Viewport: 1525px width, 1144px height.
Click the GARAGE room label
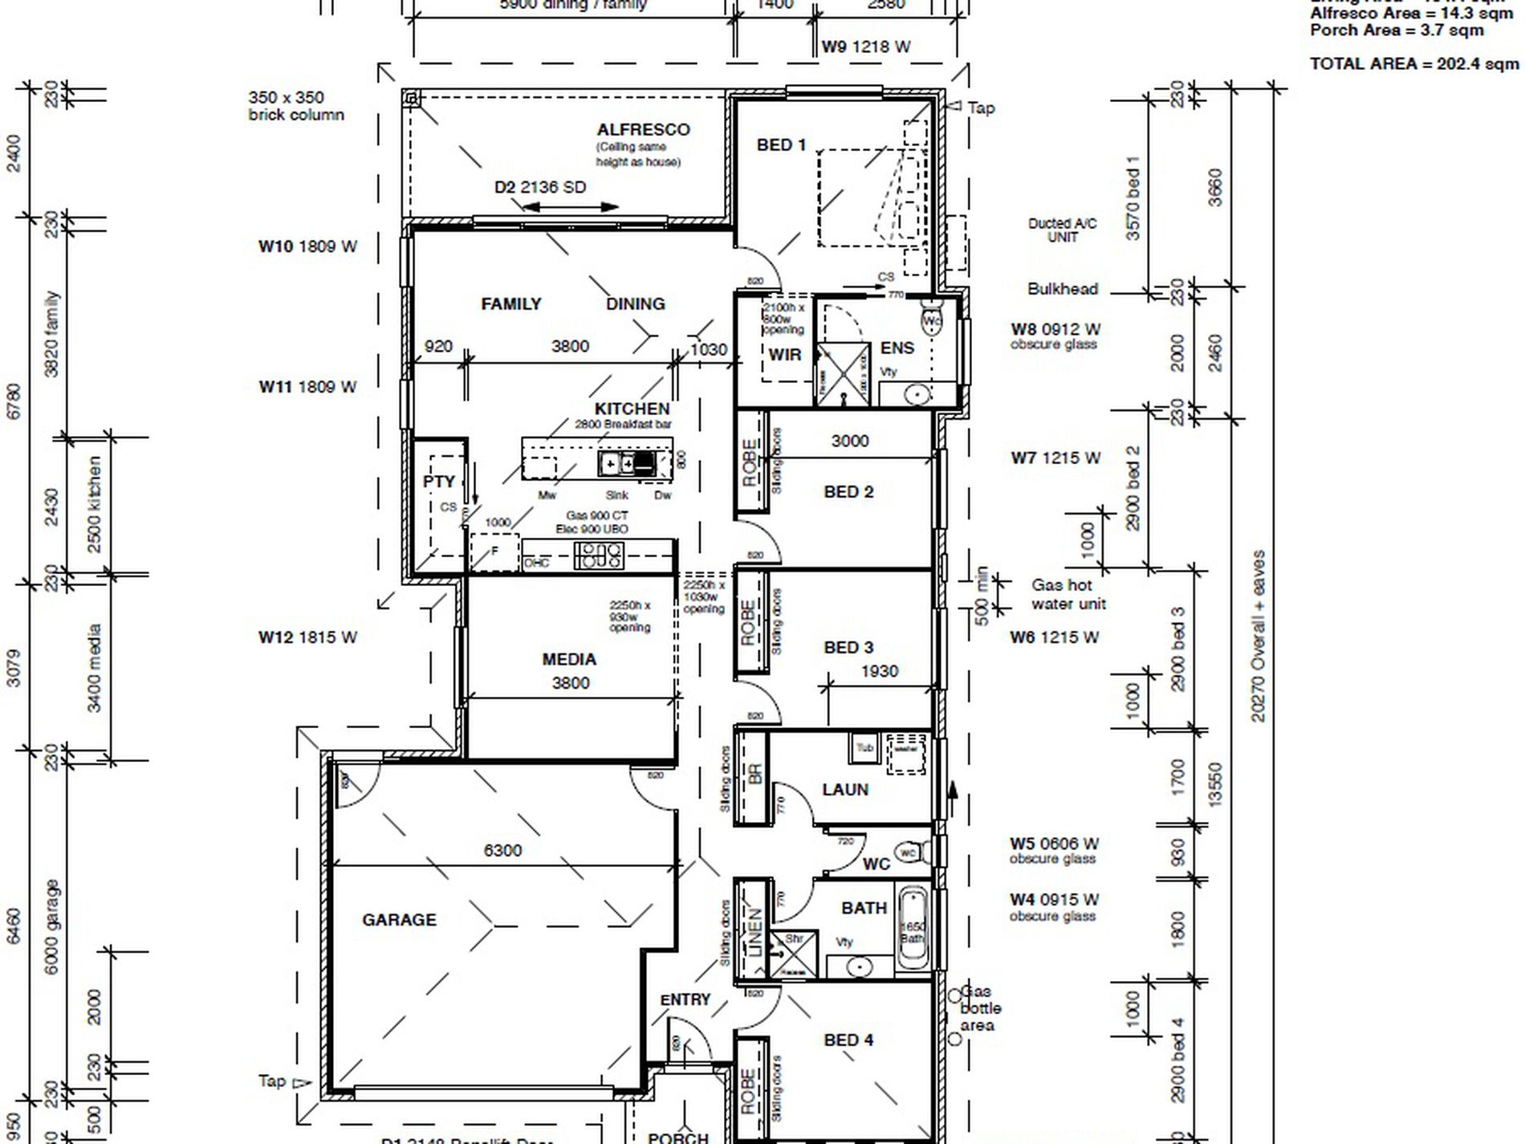click(x=399, y=919)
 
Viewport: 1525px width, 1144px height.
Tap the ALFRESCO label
click(x=643, y=129)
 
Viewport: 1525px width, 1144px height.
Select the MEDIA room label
click(x=568, y=659)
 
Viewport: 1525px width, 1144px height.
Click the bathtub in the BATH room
click(x=912, y=930)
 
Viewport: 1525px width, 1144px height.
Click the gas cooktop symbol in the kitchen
click(x=599, y=555)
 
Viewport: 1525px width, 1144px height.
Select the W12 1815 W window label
click(x=307, y=637)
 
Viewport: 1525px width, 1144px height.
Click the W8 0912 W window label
click(x=1055, y=329)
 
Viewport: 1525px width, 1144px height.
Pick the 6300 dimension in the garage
click(x=502, y=850)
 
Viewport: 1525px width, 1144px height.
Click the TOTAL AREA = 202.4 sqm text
click(x=1413, y=63)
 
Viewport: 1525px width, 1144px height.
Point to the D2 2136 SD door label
click(x=539, y=187)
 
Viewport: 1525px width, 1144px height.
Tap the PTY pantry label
click(x=439, y=482)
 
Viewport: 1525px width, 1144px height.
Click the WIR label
click(x=784, y=354)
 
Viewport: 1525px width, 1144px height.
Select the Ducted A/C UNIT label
click(x=1062, y=230)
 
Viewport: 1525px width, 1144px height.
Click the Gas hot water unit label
click(x=1067, y=594)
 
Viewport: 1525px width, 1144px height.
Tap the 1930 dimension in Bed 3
click(x=879, y=671)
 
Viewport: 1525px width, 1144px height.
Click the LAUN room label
click(x=844, y=790)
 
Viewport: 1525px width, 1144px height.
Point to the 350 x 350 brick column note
click(x=295, y=106)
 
